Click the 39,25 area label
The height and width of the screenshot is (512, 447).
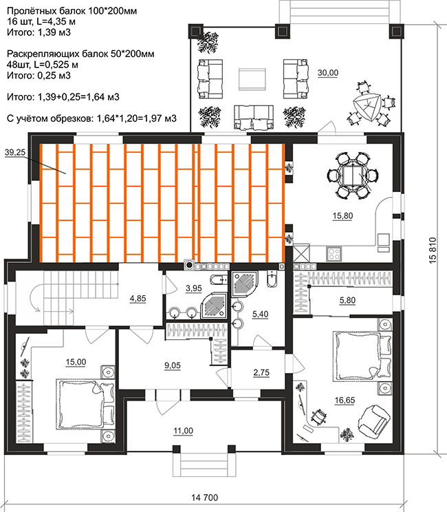pyautogui.click(x=15, y=152)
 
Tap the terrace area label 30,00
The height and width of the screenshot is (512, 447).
pyautogui.click(x=328, y=73)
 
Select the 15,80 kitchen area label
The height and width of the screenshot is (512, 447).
pyautogui.click(x=342, y=216)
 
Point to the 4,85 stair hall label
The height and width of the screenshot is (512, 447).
pyautogui.click(x=138, y=299)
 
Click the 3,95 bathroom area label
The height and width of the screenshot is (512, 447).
pyautogui.click(x=193, y=288)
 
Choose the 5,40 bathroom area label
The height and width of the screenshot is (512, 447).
pyautogui.click(x=261, y=314)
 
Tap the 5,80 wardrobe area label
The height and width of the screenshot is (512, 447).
pyautogui.click(x=347, y=300)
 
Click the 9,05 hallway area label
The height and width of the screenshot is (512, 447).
pyautogui.click(x=173, y=365)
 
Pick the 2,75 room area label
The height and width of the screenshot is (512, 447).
pyautogui.click(x=261, y=372)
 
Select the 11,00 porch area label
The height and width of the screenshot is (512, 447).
pyautogui.click(x=183, y=431)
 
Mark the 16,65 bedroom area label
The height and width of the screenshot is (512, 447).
pyautogui.click(x=345, y=400)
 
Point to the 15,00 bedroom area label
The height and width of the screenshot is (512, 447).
pyautogui.click(x=76, y=362)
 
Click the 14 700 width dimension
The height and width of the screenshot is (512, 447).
pyautogui.click(x=204, y=498)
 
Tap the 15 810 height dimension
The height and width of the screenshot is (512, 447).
pyautogui.click(x=433, y=250)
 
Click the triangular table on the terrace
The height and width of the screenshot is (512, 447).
pyautogui.click(x=366, y=107)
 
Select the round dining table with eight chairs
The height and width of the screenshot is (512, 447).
pyautogui.click(x=353, y=175)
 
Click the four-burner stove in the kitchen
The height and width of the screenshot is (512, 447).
pyautogui.click(x=334, y=254)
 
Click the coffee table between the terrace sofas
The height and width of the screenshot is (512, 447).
pyautogui.click(x=252, y=79)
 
